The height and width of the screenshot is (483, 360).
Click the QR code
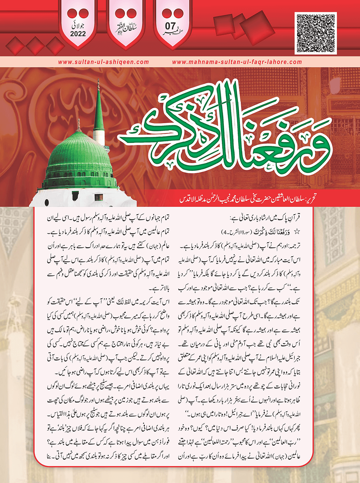(x=316, y=33)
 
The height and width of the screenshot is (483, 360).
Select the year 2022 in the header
(x=78, y=34)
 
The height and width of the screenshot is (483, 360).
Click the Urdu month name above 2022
(x=78, y=25)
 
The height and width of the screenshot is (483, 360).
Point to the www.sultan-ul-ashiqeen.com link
(x=104, y=62)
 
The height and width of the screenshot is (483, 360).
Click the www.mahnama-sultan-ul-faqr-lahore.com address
(x=237, y=62)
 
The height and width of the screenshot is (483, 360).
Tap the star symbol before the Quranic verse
(x=297, y=232)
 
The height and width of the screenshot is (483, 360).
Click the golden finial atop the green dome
(x=79, y=125)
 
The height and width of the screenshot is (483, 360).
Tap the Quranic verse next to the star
(x=272, y=232)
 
